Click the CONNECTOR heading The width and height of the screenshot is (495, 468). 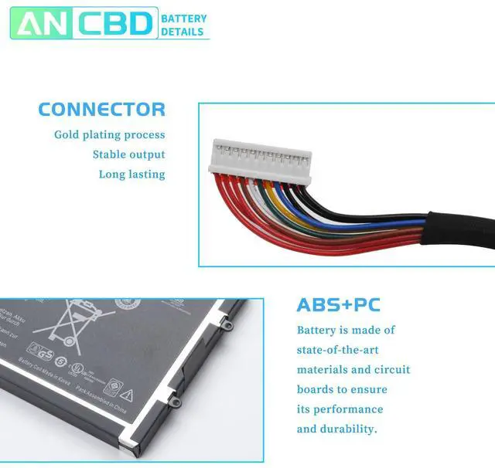coord(101,110)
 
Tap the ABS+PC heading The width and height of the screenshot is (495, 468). coord(338,305)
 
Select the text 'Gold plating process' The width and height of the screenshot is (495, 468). coord(109,135)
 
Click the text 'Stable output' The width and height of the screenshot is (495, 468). coord(128,154)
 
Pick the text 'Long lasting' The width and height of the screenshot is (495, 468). coord(131,175)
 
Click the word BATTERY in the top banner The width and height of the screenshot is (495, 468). coord(184,18)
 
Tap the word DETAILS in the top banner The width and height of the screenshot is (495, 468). coord(183,32)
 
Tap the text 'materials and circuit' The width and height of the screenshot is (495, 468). coord(353,370)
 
